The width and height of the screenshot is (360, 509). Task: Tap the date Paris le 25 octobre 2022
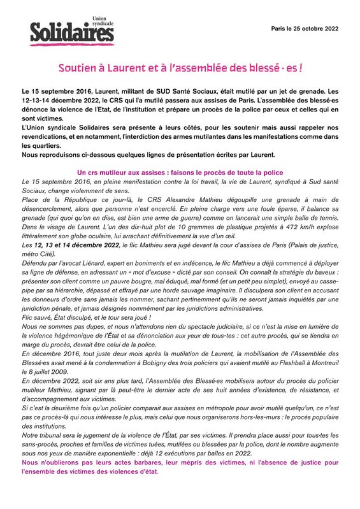(305, 29)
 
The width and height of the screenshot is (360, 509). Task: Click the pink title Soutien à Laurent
(180, 66)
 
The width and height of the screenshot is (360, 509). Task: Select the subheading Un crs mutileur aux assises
(180, 173)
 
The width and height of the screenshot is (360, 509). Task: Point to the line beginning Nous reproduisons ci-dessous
(148, 155)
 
